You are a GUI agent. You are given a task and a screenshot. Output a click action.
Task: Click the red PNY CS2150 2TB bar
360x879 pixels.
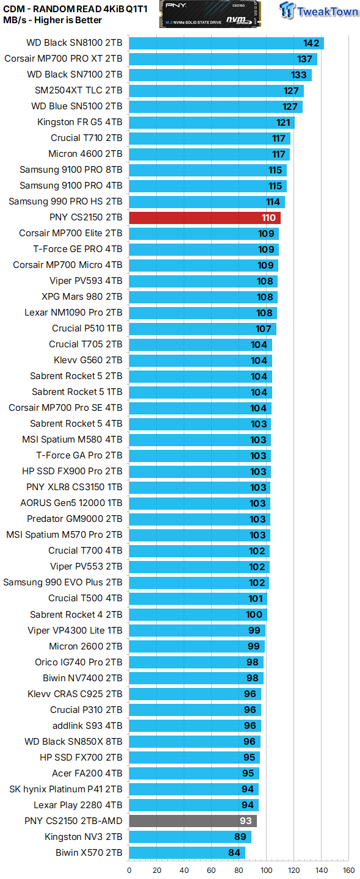coord(204,217)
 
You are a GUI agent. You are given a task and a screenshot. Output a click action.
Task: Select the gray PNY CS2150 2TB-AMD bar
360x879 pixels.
coord(193,821)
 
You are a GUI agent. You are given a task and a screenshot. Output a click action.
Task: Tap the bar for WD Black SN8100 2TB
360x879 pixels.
coord(226,43)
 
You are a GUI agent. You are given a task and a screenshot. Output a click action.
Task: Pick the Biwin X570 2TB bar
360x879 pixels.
coord(187,853)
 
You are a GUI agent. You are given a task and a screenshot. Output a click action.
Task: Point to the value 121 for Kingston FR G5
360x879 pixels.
coord(284,122)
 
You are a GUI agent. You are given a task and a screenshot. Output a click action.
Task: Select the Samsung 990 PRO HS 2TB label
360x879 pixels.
coord(65,201)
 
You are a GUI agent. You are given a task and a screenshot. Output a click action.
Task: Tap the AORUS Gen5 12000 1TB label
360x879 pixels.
coord(71,503)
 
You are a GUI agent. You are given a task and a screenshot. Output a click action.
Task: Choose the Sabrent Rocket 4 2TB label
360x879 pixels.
coord(76,615)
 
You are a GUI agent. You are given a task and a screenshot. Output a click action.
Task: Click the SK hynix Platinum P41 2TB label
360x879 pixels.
coord(66,789)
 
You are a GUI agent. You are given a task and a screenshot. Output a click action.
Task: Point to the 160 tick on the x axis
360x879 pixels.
coord(348,870)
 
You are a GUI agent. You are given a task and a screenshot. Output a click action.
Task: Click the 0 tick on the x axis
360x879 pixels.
coord(129,870)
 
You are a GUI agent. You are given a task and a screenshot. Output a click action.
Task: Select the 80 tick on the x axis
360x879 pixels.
coord(239,870)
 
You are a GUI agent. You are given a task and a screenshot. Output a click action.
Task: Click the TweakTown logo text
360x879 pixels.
coord(326,10)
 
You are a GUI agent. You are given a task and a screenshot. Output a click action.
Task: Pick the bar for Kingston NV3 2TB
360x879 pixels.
coord(190,837)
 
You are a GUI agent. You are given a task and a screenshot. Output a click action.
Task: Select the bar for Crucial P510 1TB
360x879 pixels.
coord(203,328)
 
